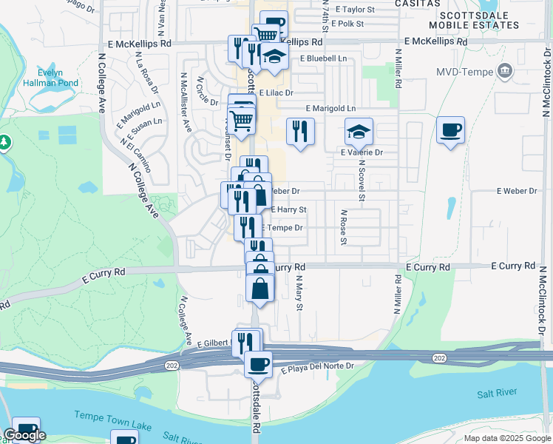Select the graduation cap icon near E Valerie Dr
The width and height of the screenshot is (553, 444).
[x=359, y=132]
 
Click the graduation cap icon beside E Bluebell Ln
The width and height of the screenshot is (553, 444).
[x=274, y=57]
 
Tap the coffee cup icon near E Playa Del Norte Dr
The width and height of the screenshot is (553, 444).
[x=258, y=363]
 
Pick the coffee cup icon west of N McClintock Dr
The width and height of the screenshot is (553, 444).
[x=450, y=131]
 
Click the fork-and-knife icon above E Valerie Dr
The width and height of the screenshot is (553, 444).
[x=299, y=132]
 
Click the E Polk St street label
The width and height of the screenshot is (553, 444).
[x=347, y=24]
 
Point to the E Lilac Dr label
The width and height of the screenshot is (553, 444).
[x=276, y=93]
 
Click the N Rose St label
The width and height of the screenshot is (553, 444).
[x=344, y=226]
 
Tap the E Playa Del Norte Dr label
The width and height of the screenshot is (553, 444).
[x=317, y=366]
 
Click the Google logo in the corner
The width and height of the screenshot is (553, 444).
[x=24, y=435]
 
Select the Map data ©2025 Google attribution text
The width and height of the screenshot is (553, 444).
[x=506, y=437]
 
